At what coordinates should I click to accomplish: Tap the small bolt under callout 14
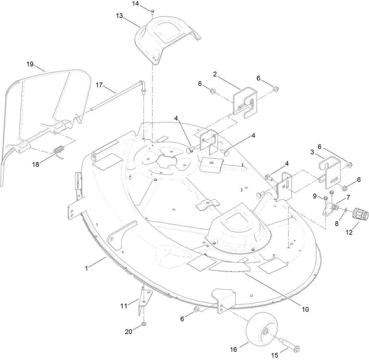coord(153,11)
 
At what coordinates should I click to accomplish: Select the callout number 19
coord(30,64)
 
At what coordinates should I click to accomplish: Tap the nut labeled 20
coord(144,324)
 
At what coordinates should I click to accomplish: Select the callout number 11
coord(124,306)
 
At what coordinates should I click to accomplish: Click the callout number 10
coord(305,309)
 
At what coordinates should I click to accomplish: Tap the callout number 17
coord(99,85)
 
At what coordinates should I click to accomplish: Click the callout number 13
coord(119,16)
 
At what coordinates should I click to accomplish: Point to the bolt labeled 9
coord(326,198)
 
